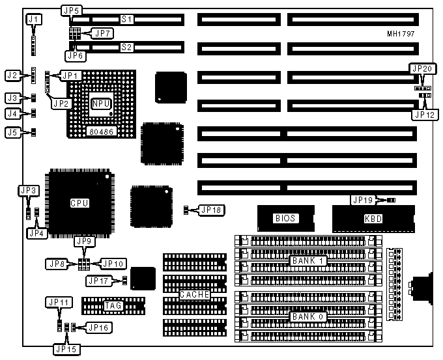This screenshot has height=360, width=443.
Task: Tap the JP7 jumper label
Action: pyautogui.click(x=103, y=33)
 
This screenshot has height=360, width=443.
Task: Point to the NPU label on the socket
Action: pyautogui.click(x=101, y=104)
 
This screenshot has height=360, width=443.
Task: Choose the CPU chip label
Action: pyautogui.click(x=79, y=203)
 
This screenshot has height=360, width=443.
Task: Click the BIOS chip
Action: pyautogui.click(x=285, y=219)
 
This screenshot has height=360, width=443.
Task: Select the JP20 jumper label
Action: pyautogui.click(x=422, y=69)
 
